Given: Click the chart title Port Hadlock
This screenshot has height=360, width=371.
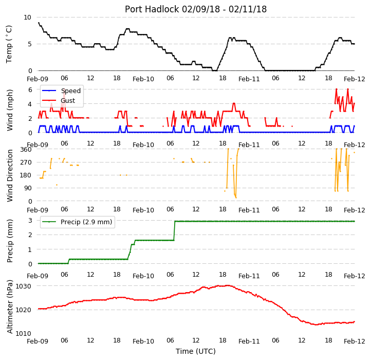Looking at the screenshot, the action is (x=152, y=9).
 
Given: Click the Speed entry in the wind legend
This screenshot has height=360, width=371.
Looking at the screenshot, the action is (x=71, y=91).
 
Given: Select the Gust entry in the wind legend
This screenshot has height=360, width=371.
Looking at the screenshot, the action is (x=68, y=100).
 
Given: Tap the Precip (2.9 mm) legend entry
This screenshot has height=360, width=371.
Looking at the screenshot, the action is (x=86, y=222).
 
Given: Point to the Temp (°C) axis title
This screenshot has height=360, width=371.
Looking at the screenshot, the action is (x=9, y=44).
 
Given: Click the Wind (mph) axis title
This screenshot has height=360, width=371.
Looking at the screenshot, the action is (x=9, y=110).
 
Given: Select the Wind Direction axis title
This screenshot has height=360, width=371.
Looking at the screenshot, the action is (x=9, y=175).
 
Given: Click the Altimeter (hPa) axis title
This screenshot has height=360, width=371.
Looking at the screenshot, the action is (x=9, y=307).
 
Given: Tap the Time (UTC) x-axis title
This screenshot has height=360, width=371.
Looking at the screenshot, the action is (x=196, y=351).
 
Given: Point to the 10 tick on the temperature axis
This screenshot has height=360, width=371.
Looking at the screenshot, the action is (x=27, y=17).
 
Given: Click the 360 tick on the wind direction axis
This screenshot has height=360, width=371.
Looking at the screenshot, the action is (x=26, y=150).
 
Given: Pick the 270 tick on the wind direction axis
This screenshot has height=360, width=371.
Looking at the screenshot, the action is (x=26, y=163).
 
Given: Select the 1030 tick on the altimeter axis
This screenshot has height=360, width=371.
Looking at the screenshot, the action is (x=23, y=286).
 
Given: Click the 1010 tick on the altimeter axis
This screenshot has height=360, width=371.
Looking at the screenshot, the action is (x=23, y=333).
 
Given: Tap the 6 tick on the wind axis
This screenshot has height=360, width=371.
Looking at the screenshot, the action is (x=30, y=90).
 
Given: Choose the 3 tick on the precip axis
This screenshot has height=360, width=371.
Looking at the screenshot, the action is (x=30, y=221).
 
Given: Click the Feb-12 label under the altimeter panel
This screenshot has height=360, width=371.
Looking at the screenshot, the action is (x=354, y=341).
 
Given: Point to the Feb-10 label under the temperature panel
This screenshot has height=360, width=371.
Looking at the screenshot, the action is (x=143, y=79).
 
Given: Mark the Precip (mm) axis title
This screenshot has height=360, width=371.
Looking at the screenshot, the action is (x=9, y=241).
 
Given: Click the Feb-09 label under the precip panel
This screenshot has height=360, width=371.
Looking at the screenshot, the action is (x=38, y=276).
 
